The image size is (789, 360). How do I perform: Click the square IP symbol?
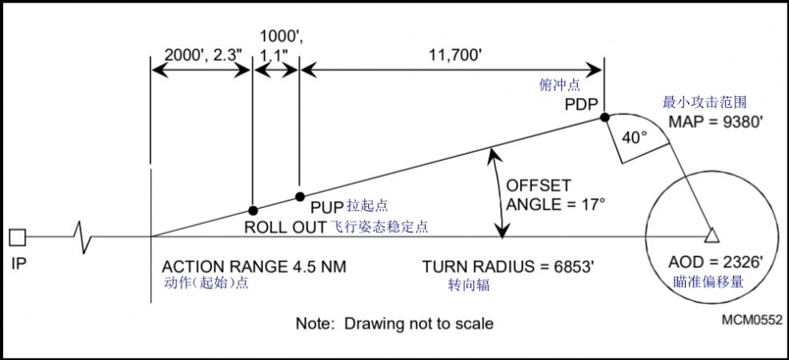18,237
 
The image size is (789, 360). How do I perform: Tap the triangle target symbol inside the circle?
711,235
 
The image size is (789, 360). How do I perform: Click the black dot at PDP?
604,117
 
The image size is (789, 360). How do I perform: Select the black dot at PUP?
300,196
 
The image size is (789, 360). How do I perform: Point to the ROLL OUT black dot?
253,210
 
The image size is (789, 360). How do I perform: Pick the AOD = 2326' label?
716,262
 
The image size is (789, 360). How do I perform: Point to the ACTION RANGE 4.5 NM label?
254,266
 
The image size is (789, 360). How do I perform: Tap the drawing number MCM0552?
751,319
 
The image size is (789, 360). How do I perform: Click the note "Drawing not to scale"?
394,323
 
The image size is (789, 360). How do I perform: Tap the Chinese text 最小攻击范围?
703,102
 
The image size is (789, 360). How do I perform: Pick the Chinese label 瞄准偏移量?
708,282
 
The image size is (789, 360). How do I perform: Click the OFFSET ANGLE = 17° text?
555,195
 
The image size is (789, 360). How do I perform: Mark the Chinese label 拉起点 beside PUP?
367,206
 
